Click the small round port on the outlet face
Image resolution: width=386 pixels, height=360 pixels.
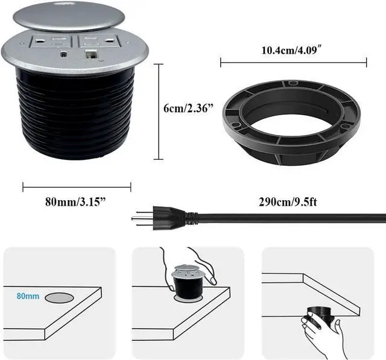(x=64, y=53)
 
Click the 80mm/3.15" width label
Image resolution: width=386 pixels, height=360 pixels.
(x=77, y=201)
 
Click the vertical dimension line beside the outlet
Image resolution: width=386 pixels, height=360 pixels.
(x=159, y=112)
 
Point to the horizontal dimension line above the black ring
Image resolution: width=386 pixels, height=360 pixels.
(x=293, y=61)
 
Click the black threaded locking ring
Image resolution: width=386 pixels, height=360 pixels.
(x=291, y=121)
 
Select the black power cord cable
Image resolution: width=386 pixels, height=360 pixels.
(x=289, y=218)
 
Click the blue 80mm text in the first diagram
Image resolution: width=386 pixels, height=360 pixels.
(x=28, y=296)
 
